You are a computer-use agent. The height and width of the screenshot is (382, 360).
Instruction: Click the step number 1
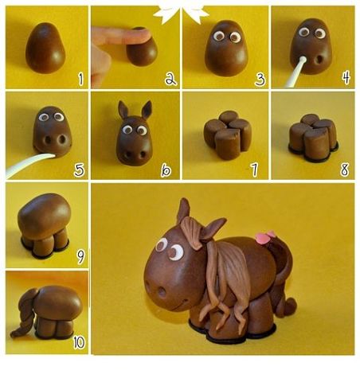(80, 79)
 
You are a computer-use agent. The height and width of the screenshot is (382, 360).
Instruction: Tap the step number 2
(169, 79)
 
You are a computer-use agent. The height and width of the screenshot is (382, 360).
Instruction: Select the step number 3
(260, 79)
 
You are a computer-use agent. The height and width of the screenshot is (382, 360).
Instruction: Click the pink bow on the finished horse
(264, 237)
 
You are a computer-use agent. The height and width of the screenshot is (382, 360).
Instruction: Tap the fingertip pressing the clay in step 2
(119, 35)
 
